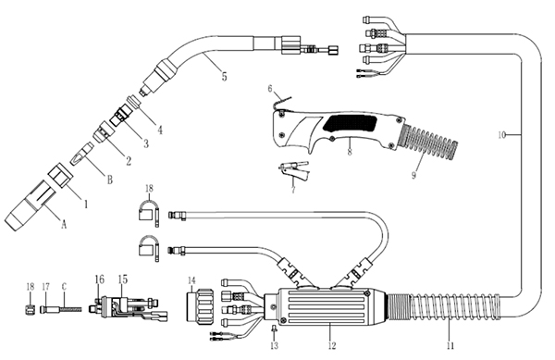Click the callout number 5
224,76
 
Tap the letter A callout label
64,224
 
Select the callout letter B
110,180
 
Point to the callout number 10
501,135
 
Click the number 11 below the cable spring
450,346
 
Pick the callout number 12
332,346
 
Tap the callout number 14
191,280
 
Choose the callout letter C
64,286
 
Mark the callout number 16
100,279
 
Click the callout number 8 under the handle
350,152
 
